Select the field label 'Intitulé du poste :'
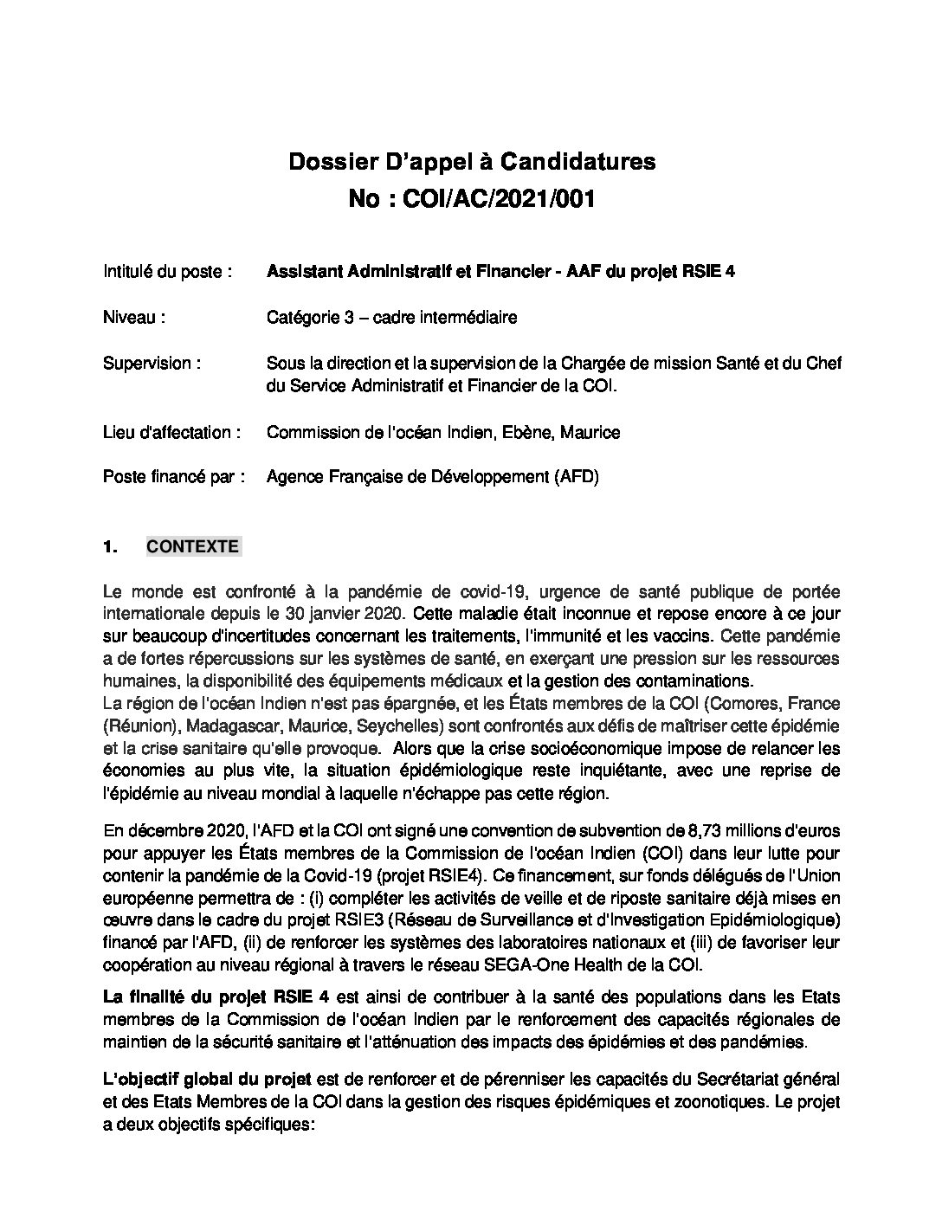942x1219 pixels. [x=167, y=272]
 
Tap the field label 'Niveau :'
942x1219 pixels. [x=133, y=318]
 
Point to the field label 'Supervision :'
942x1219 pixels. [x=152, y=364]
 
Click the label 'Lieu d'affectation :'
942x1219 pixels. [x=171, y=432]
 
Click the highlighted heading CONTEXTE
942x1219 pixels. [x=193, y=547]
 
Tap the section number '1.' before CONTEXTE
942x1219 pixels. [x=109, y=547]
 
